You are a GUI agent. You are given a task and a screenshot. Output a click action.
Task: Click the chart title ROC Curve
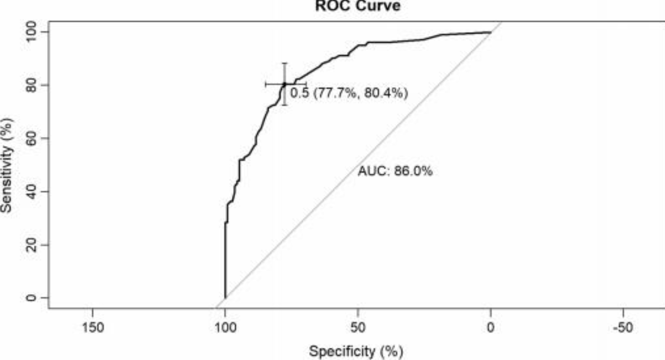pos(358,6)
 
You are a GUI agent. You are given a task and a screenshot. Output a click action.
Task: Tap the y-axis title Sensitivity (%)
pos(7,165)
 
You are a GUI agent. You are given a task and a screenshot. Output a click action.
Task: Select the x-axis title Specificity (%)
pos(356,351)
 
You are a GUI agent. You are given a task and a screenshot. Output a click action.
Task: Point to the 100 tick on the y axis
pos(31,32)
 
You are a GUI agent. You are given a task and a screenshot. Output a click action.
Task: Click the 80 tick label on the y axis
pos(31,85)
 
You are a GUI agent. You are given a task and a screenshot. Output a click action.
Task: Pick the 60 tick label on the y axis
pos(31,138)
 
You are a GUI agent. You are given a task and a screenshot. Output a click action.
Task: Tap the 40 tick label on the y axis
pos(31,192)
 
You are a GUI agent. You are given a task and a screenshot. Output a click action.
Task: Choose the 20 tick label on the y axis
pos(31,245)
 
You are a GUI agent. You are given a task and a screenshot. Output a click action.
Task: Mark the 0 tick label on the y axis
pos(31,298)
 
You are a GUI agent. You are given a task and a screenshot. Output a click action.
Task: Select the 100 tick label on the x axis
pos(225,328)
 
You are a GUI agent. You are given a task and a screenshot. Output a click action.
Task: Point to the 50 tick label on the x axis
pos(358,328)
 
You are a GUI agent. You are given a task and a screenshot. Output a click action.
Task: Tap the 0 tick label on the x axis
pos(490,328)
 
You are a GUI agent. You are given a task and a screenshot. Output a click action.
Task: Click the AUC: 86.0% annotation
pos(395,171)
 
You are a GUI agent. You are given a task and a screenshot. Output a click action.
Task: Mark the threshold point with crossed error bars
pos(284,84)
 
